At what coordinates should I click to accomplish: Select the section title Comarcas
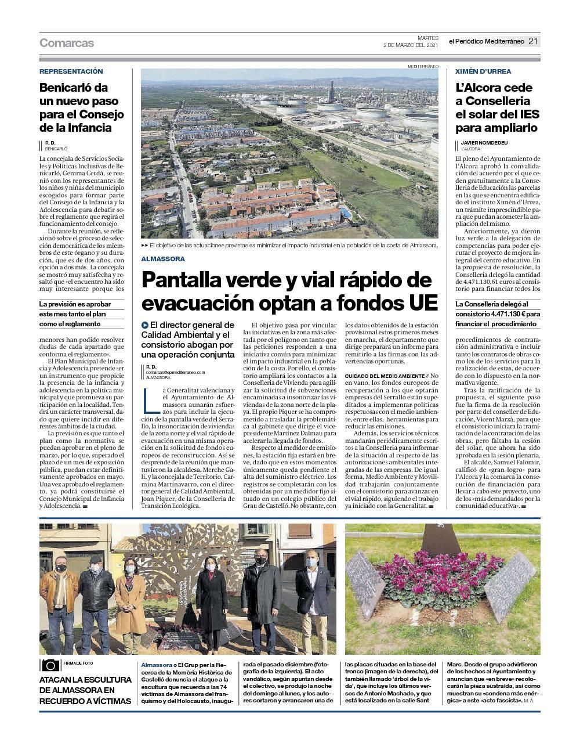pyautogui.click(x=67, y=43)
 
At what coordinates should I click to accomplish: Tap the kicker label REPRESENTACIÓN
pyautogui.click(x=71, y=71)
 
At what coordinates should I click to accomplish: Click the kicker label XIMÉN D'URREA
pyautogui.click(x=483, y=71)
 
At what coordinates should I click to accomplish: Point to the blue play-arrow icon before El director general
pyautogui.click(x=145, y=325)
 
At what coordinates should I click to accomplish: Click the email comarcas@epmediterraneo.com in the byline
pyautogui.click(x=175, y=372)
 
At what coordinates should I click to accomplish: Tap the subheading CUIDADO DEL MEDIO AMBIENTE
pyautogui.click(x=385, y=376)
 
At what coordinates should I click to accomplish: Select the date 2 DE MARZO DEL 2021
pyautogui.click(x=411, y=45)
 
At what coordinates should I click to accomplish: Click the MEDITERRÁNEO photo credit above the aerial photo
pyautogui.click(x=423, y=66)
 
